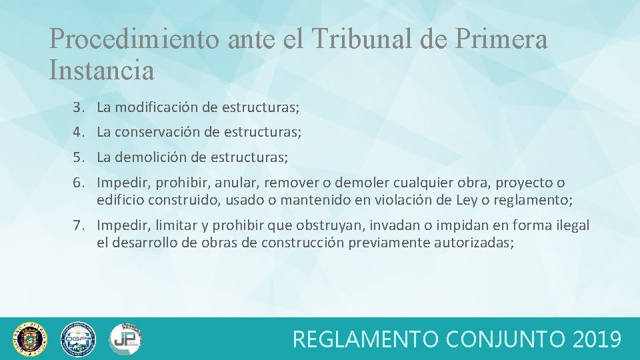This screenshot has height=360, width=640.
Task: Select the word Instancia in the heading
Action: point(101,69)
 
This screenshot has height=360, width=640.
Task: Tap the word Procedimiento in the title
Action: point(134,39)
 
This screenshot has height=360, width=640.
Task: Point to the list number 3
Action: point(79,107)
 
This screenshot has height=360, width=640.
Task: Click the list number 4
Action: point(79,132)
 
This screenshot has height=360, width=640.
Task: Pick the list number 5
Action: point(79,157)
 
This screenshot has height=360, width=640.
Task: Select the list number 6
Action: point(79,183)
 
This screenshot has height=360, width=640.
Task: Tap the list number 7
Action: point(79,225)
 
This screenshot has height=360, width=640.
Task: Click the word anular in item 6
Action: point(245,183)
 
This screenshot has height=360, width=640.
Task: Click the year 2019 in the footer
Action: point(597,339)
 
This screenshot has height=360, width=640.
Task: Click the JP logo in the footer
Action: point(125,339)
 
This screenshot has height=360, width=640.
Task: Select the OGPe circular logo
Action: point(78,339)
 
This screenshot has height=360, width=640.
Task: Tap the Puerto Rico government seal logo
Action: point(31,339)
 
